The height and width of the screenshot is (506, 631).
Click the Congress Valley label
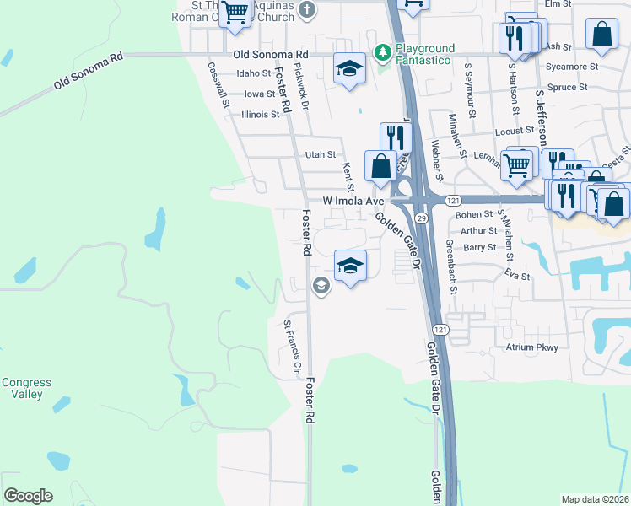25,388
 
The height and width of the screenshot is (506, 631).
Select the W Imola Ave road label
353,202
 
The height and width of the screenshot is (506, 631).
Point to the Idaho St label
253,73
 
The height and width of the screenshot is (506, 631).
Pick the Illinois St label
260,114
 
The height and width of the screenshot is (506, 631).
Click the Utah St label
321,155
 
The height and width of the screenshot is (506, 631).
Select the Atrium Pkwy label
531,347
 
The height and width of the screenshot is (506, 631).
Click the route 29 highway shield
419,218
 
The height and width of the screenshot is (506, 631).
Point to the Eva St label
517,276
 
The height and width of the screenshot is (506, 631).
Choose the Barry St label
479,247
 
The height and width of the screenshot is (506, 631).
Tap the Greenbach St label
452,266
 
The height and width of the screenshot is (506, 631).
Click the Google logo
28,496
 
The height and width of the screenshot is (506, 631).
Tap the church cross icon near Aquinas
307,10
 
